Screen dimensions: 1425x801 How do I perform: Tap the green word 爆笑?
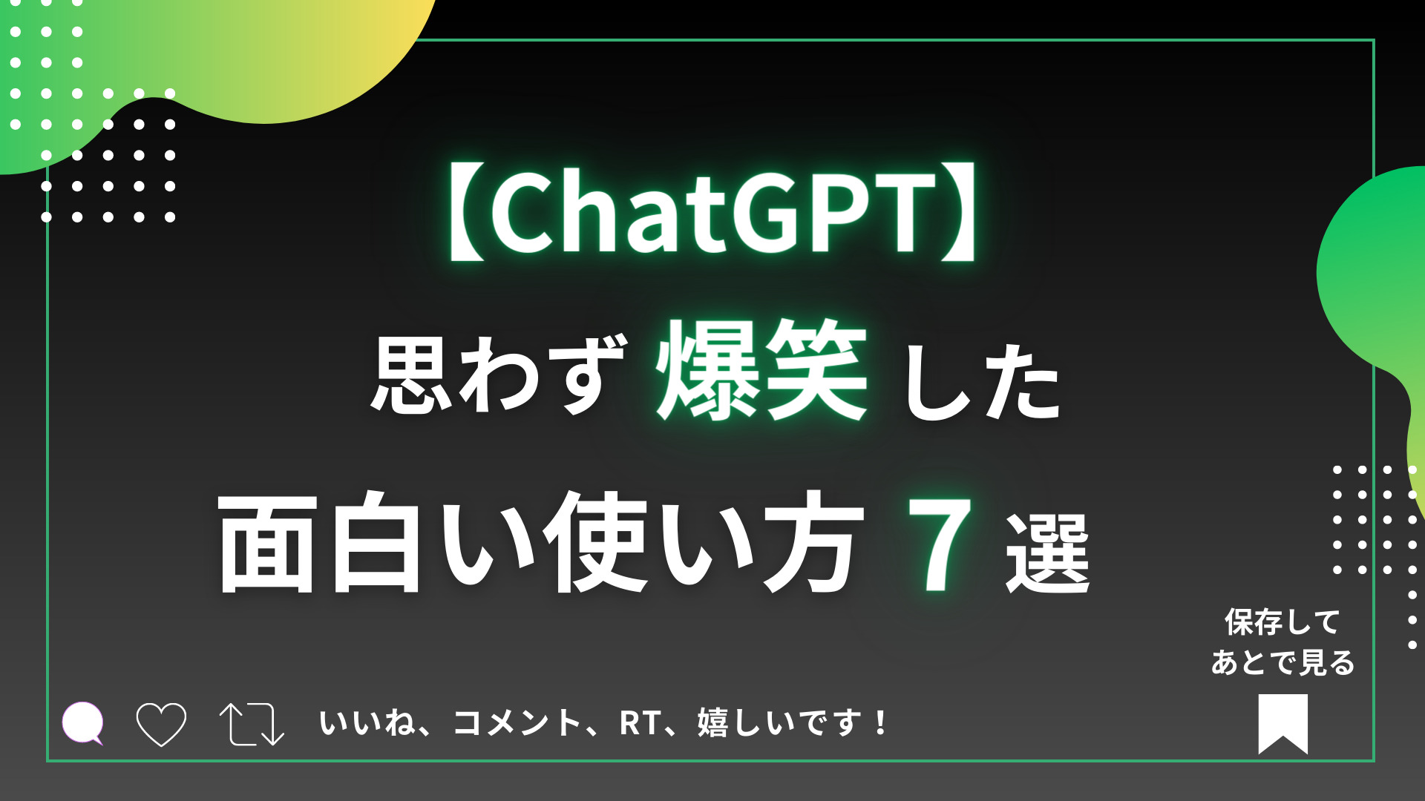coord(761,370)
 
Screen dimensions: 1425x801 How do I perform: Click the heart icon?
coord(161,724)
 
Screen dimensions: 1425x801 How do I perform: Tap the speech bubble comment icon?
coord(82,722)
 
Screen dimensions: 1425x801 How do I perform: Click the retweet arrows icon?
coord(252,724)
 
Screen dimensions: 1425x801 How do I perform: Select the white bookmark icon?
coord(1282,724)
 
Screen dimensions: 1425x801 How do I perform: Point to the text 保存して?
coord(1282,622)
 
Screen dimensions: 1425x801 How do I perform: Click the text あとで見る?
coord(1282,662)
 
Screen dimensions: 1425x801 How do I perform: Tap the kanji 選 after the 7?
coord(1048,553)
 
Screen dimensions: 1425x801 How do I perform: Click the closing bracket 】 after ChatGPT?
coord(958,211)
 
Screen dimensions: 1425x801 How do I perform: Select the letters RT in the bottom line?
coord(640,723)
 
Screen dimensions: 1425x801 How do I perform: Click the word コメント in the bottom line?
coord(517,723)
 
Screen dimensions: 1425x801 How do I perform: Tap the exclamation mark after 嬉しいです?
coord(881,722)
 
